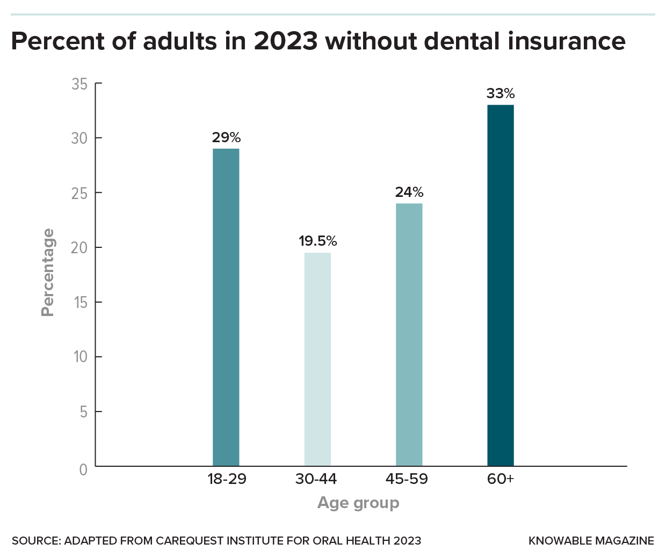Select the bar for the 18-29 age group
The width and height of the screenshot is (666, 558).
point(226,307)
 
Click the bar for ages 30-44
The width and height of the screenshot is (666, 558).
point(317,359)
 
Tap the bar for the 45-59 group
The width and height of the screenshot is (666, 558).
point(409,334)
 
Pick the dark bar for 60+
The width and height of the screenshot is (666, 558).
point(500,285)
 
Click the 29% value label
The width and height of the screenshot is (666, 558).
point(226,137)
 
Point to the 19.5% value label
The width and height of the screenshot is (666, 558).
point(318,241)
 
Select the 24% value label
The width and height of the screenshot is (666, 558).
point(409,192)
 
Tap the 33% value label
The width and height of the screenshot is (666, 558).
point(501,93)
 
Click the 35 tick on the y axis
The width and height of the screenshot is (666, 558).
point(79,84)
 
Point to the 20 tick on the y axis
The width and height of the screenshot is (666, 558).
point(79,248)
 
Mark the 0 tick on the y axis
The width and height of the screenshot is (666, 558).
point(83,470)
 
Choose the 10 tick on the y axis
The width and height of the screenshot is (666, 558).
point(80,357)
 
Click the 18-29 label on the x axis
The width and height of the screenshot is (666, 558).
point(227,479)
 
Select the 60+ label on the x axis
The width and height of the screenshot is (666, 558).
point(501,479)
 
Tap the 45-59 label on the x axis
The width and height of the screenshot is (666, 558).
point(407,479)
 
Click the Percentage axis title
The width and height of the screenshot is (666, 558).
point(48,273)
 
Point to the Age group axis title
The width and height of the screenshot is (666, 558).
point(358,503)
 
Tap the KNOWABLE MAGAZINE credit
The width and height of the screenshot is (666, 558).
point(591,541)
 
